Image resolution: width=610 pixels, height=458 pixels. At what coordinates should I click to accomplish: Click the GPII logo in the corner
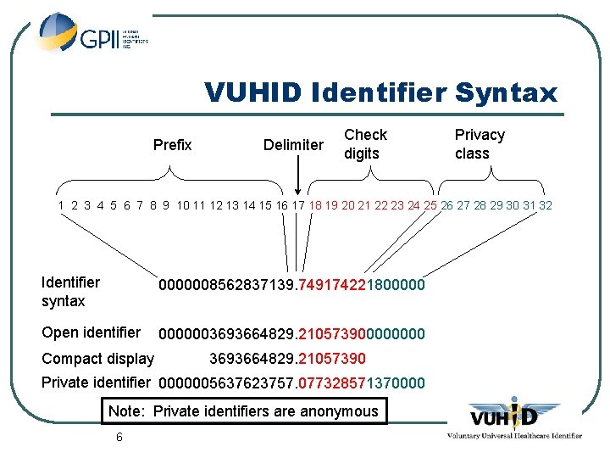(x=93, y=35)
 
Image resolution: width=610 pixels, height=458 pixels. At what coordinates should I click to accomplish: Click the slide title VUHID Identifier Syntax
(x=381, y=92)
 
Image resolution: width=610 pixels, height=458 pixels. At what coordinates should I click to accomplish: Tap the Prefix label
(x=172, y=145)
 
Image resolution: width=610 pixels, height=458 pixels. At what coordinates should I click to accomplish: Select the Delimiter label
(x=293, y=145)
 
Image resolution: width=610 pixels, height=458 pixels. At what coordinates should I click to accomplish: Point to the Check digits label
(x=365, y=144)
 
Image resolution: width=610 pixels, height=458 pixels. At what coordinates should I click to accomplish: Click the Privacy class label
(x=480, y=144)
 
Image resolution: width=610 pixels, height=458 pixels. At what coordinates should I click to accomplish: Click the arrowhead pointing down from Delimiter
(x=298, y=193)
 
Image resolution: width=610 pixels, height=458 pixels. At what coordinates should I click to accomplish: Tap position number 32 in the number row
(x=545, y=205)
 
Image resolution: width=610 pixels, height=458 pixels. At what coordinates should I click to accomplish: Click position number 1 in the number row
(x=62, y=205)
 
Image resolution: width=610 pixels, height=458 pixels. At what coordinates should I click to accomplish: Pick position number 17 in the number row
(x=298, y=205)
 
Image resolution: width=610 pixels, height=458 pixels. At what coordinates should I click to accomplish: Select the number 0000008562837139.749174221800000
(x=291, y=286)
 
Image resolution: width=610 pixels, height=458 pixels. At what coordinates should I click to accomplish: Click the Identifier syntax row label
(x=70, y=292)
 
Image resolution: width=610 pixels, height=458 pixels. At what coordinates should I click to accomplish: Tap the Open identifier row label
(x=91, y=332)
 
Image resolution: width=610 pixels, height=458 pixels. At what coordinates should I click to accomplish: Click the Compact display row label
(x=98, y=359)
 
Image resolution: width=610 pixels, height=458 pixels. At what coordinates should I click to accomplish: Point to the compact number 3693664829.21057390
(x=287, y=359)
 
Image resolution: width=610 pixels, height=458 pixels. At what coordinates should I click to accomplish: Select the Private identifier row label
(x=96, y=383)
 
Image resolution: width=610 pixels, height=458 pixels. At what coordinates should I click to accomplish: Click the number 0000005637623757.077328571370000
(x=291, y=383)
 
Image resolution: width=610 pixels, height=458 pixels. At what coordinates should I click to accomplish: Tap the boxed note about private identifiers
(x=243, y=411)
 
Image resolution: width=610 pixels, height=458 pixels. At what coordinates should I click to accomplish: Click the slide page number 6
(x=119, y=437)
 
